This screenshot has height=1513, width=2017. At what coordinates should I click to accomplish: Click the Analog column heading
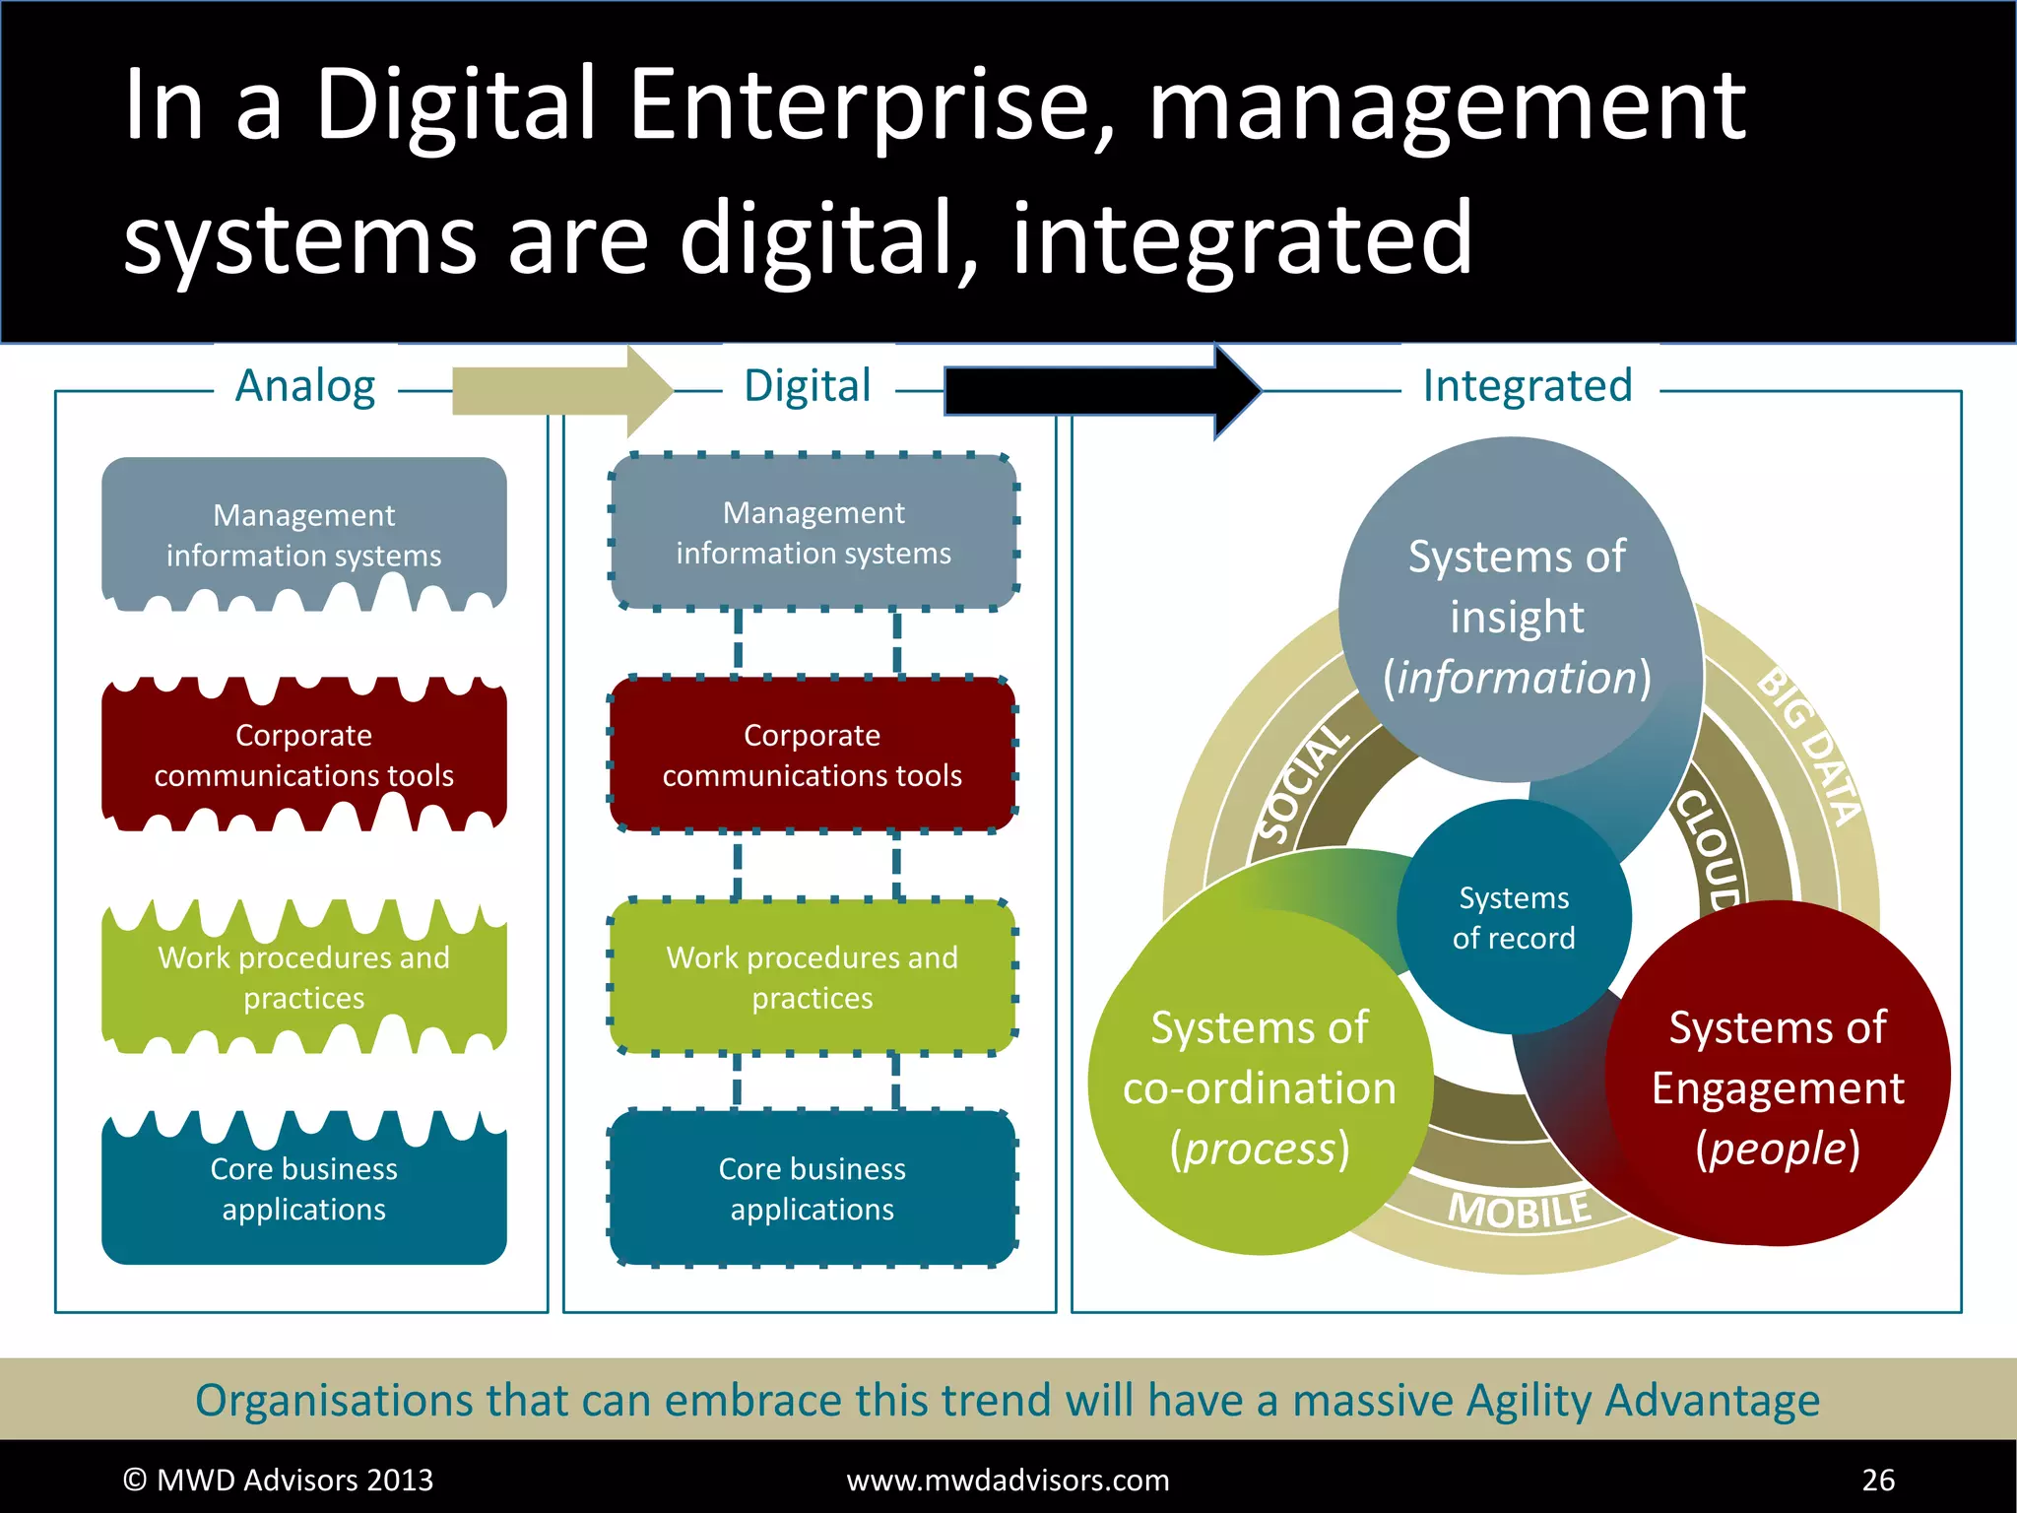pyautogui.click(x=305, y=386)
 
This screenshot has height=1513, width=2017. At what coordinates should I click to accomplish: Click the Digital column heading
pyautogui.click(x=808, y=386)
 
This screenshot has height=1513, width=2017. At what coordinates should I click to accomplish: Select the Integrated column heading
pyautogui.click(x=1528, y=386)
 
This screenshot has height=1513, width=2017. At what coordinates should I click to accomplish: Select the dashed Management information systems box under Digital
pyautogui.click(x=813, y=532)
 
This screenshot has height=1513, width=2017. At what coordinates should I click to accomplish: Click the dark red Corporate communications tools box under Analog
pyautogui.click(x=303, y=755)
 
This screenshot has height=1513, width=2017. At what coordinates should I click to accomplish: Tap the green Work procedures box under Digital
pyautogui.click(x=813, y=976)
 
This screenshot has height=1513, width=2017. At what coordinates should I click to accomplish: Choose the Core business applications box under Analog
pyautogui.click(x=303, y=1188)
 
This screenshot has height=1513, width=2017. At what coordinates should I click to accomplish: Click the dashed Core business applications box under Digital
pyautogui.click(x=813, y=1188)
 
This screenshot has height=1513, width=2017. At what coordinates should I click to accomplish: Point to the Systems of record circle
pyautogui.click(x=1514, y=917)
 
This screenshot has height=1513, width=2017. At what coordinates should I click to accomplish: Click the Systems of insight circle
pyautogui.click(x=1517, y=616)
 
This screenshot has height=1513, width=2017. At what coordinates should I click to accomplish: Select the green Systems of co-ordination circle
pyautogui.click(x=1260, y=1087)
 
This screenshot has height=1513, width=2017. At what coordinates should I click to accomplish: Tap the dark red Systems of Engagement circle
pyautogui.click(x=1778, y=1087)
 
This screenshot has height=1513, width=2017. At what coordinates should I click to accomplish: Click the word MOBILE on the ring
pyautogui.click(x=1520, y=1210)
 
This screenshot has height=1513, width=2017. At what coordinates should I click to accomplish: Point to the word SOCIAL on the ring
pyautogui.click(x=1304, y=784)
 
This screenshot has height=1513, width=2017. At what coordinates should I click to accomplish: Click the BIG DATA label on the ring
pyautogui.click(x=1810, y=747)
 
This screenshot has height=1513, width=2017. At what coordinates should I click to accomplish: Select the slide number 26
pyautogui.click(x=1878, y=1480)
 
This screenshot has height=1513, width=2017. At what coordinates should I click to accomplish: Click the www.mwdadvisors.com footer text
pyautogui.click(x=1008, y=1480)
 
